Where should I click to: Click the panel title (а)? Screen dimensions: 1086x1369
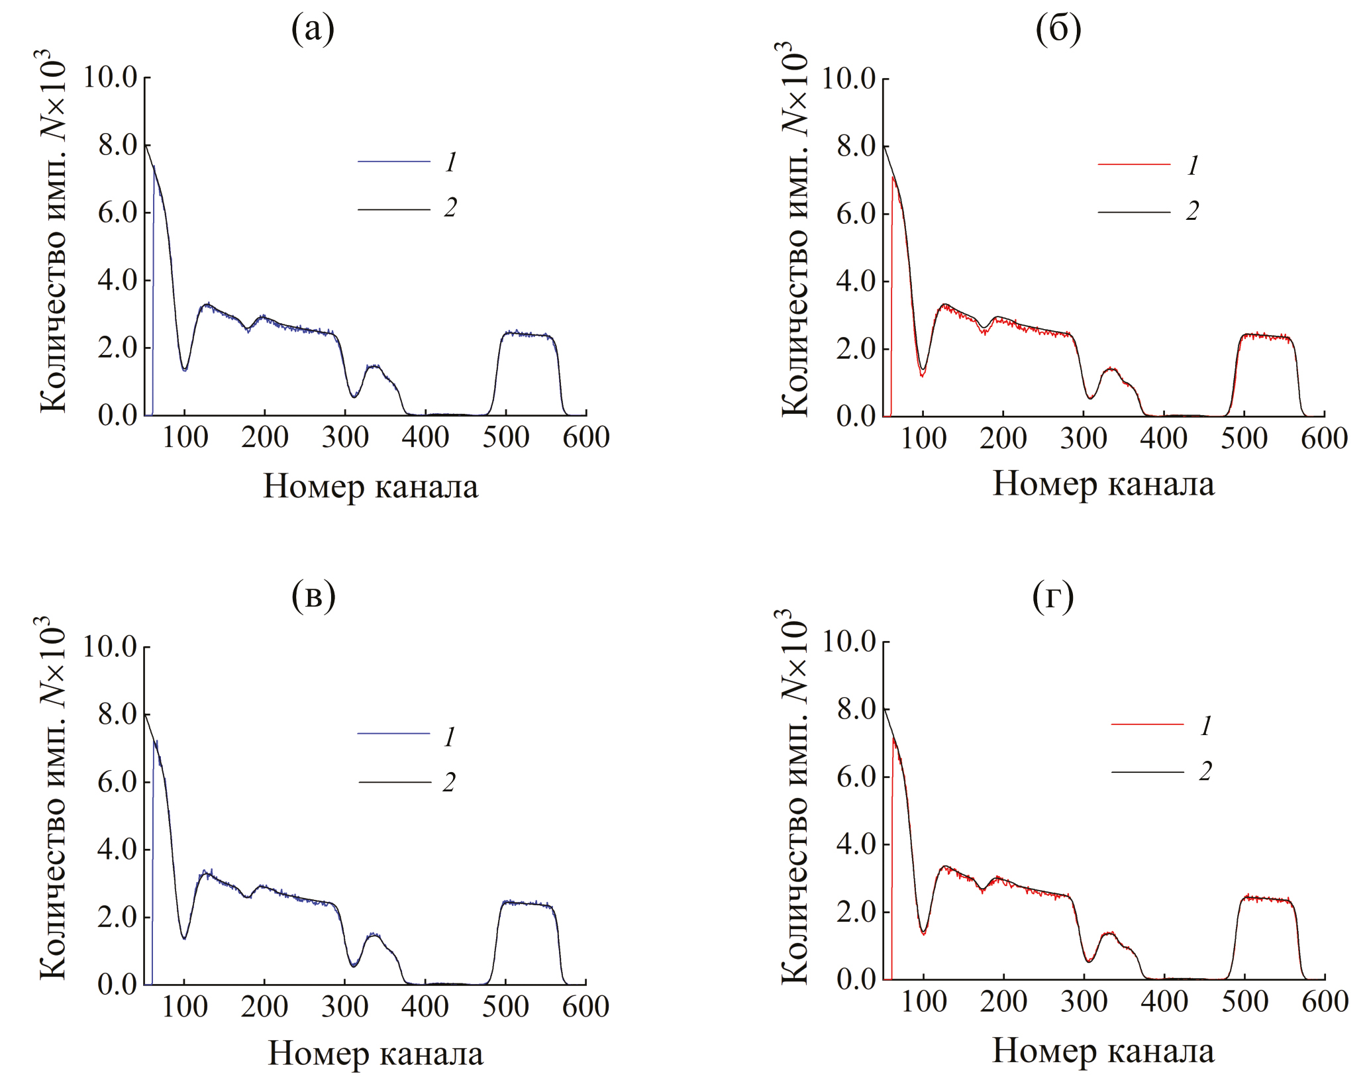(x=313, y=30)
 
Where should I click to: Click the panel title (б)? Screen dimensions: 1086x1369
(x=1058, y=30)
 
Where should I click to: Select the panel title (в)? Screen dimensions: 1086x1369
(x=313, y=597)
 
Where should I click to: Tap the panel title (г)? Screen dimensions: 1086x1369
(x=1053, y=597)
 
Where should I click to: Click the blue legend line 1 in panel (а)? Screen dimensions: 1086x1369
(x=394, y=161)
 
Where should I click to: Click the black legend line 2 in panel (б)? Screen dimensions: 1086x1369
(x=1134, y=212)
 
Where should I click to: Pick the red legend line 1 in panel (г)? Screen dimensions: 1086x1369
(x=1147, y=724)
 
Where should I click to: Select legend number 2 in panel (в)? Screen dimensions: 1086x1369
(x=449, y=782)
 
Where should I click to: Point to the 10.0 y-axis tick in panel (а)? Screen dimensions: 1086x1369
(x=110, y=77)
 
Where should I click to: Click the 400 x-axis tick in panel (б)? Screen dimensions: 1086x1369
(x=1164, y=438)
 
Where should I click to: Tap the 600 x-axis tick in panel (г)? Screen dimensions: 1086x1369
(x=1325, y=1002)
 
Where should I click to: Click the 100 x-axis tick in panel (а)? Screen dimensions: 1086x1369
(x=185, y=437)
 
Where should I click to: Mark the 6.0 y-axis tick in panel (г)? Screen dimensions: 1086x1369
(x=856, y=777)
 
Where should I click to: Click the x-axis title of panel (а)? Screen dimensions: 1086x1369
(x=370, y=487)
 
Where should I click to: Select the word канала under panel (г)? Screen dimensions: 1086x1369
(x=1160, y=1051)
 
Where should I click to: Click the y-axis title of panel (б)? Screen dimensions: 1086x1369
(x=793, y=228)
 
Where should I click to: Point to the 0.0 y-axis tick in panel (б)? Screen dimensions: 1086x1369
(x=856, y=416)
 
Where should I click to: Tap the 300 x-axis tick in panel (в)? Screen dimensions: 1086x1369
(x=345, y=1007)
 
